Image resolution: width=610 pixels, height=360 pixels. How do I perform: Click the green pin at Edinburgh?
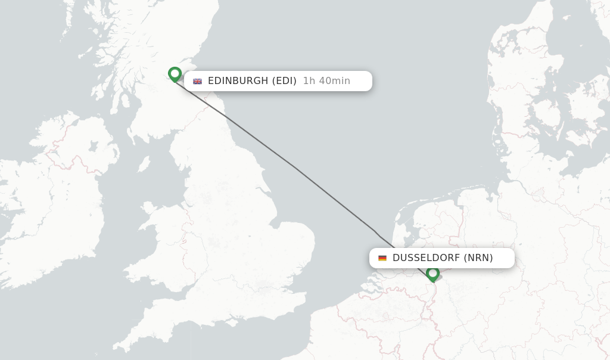175,74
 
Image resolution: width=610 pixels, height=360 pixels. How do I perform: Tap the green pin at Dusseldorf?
432,274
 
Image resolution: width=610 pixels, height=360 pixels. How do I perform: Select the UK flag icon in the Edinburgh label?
197,81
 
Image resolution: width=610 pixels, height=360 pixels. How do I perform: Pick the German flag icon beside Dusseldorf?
382,258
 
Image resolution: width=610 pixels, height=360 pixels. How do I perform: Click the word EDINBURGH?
238,81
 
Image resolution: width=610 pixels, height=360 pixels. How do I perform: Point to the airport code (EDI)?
284,81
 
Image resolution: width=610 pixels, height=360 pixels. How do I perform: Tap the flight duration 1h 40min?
326,81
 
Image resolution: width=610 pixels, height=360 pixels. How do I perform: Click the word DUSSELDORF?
425,258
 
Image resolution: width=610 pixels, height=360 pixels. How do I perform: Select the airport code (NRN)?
478,258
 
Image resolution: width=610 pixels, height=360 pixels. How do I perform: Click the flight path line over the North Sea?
298,170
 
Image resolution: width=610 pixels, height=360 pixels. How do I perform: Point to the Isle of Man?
144,165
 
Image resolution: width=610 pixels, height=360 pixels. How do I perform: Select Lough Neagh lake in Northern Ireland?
93,146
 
